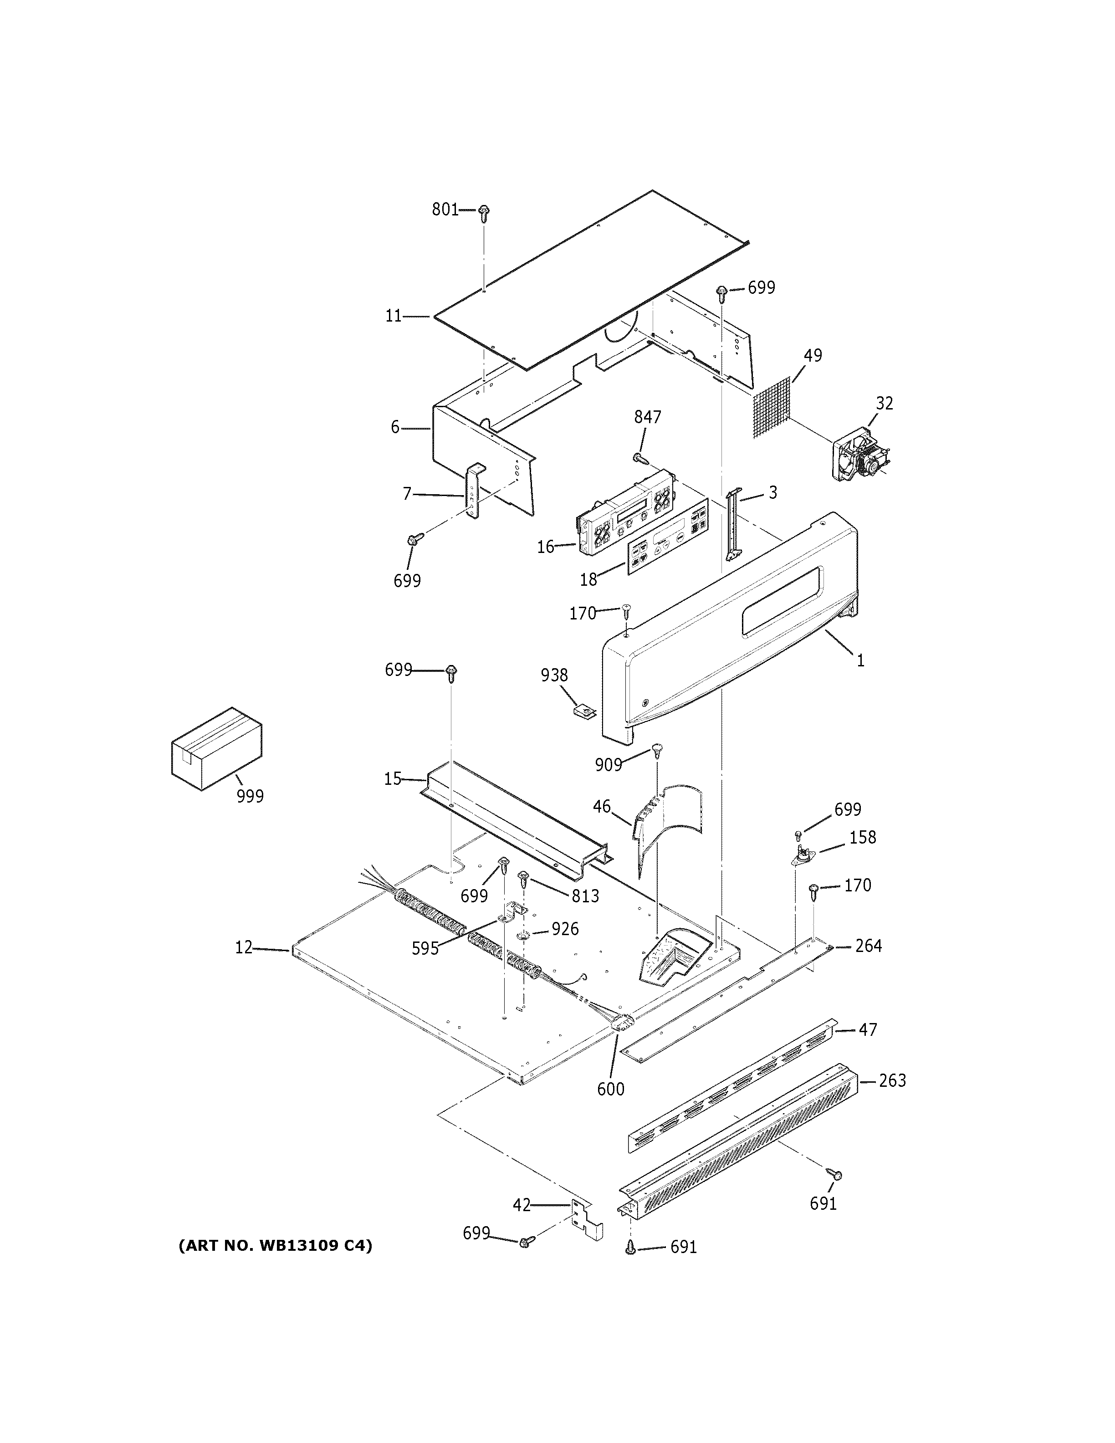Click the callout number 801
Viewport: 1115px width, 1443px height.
click(x=445, y=210)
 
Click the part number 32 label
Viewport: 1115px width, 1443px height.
click(x=885, y=403)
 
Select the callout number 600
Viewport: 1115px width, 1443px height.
click(x=610, y=1089)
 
